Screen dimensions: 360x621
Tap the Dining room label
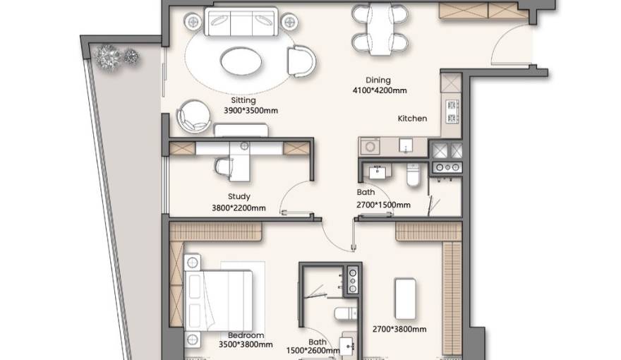tap(378, 80)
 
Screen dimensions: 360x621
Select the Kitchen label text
tap(412, 119)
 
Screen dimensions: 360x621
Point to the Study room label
tap(239, 197)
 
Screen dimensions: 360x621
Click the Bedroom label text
tap(246, 335)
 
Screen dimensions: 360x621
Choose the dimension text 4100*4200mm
tap(380, 90)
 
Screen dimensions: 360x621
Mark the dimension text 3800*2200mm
tap(239, 208)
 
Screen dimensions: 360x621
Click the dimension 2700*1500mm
tap(383, 205)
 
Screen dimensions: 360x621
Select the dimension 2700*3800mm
tap(399, 329)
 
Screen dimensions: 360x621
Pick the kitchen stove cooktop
tap(451, 109)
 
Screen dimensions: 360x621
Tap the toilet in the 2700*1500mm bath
tap(414, 175)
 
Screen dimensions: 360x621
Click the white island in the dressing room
tap(404, 299)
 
